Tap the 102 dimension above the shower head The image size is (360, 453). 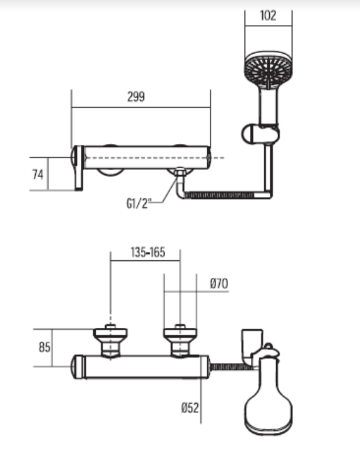[267, 16]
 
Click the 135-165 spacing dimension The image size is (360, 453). [147, 253]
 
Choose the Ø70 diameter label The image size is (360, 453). [219, 283]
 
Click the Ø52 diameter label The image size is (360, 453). [190, 408]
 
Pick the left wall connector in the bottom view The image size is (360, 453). [110, 341]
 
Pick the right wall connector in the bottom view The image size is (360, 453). [180, 341]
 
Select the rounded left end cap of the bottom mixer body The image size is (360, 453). [78, 366]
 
